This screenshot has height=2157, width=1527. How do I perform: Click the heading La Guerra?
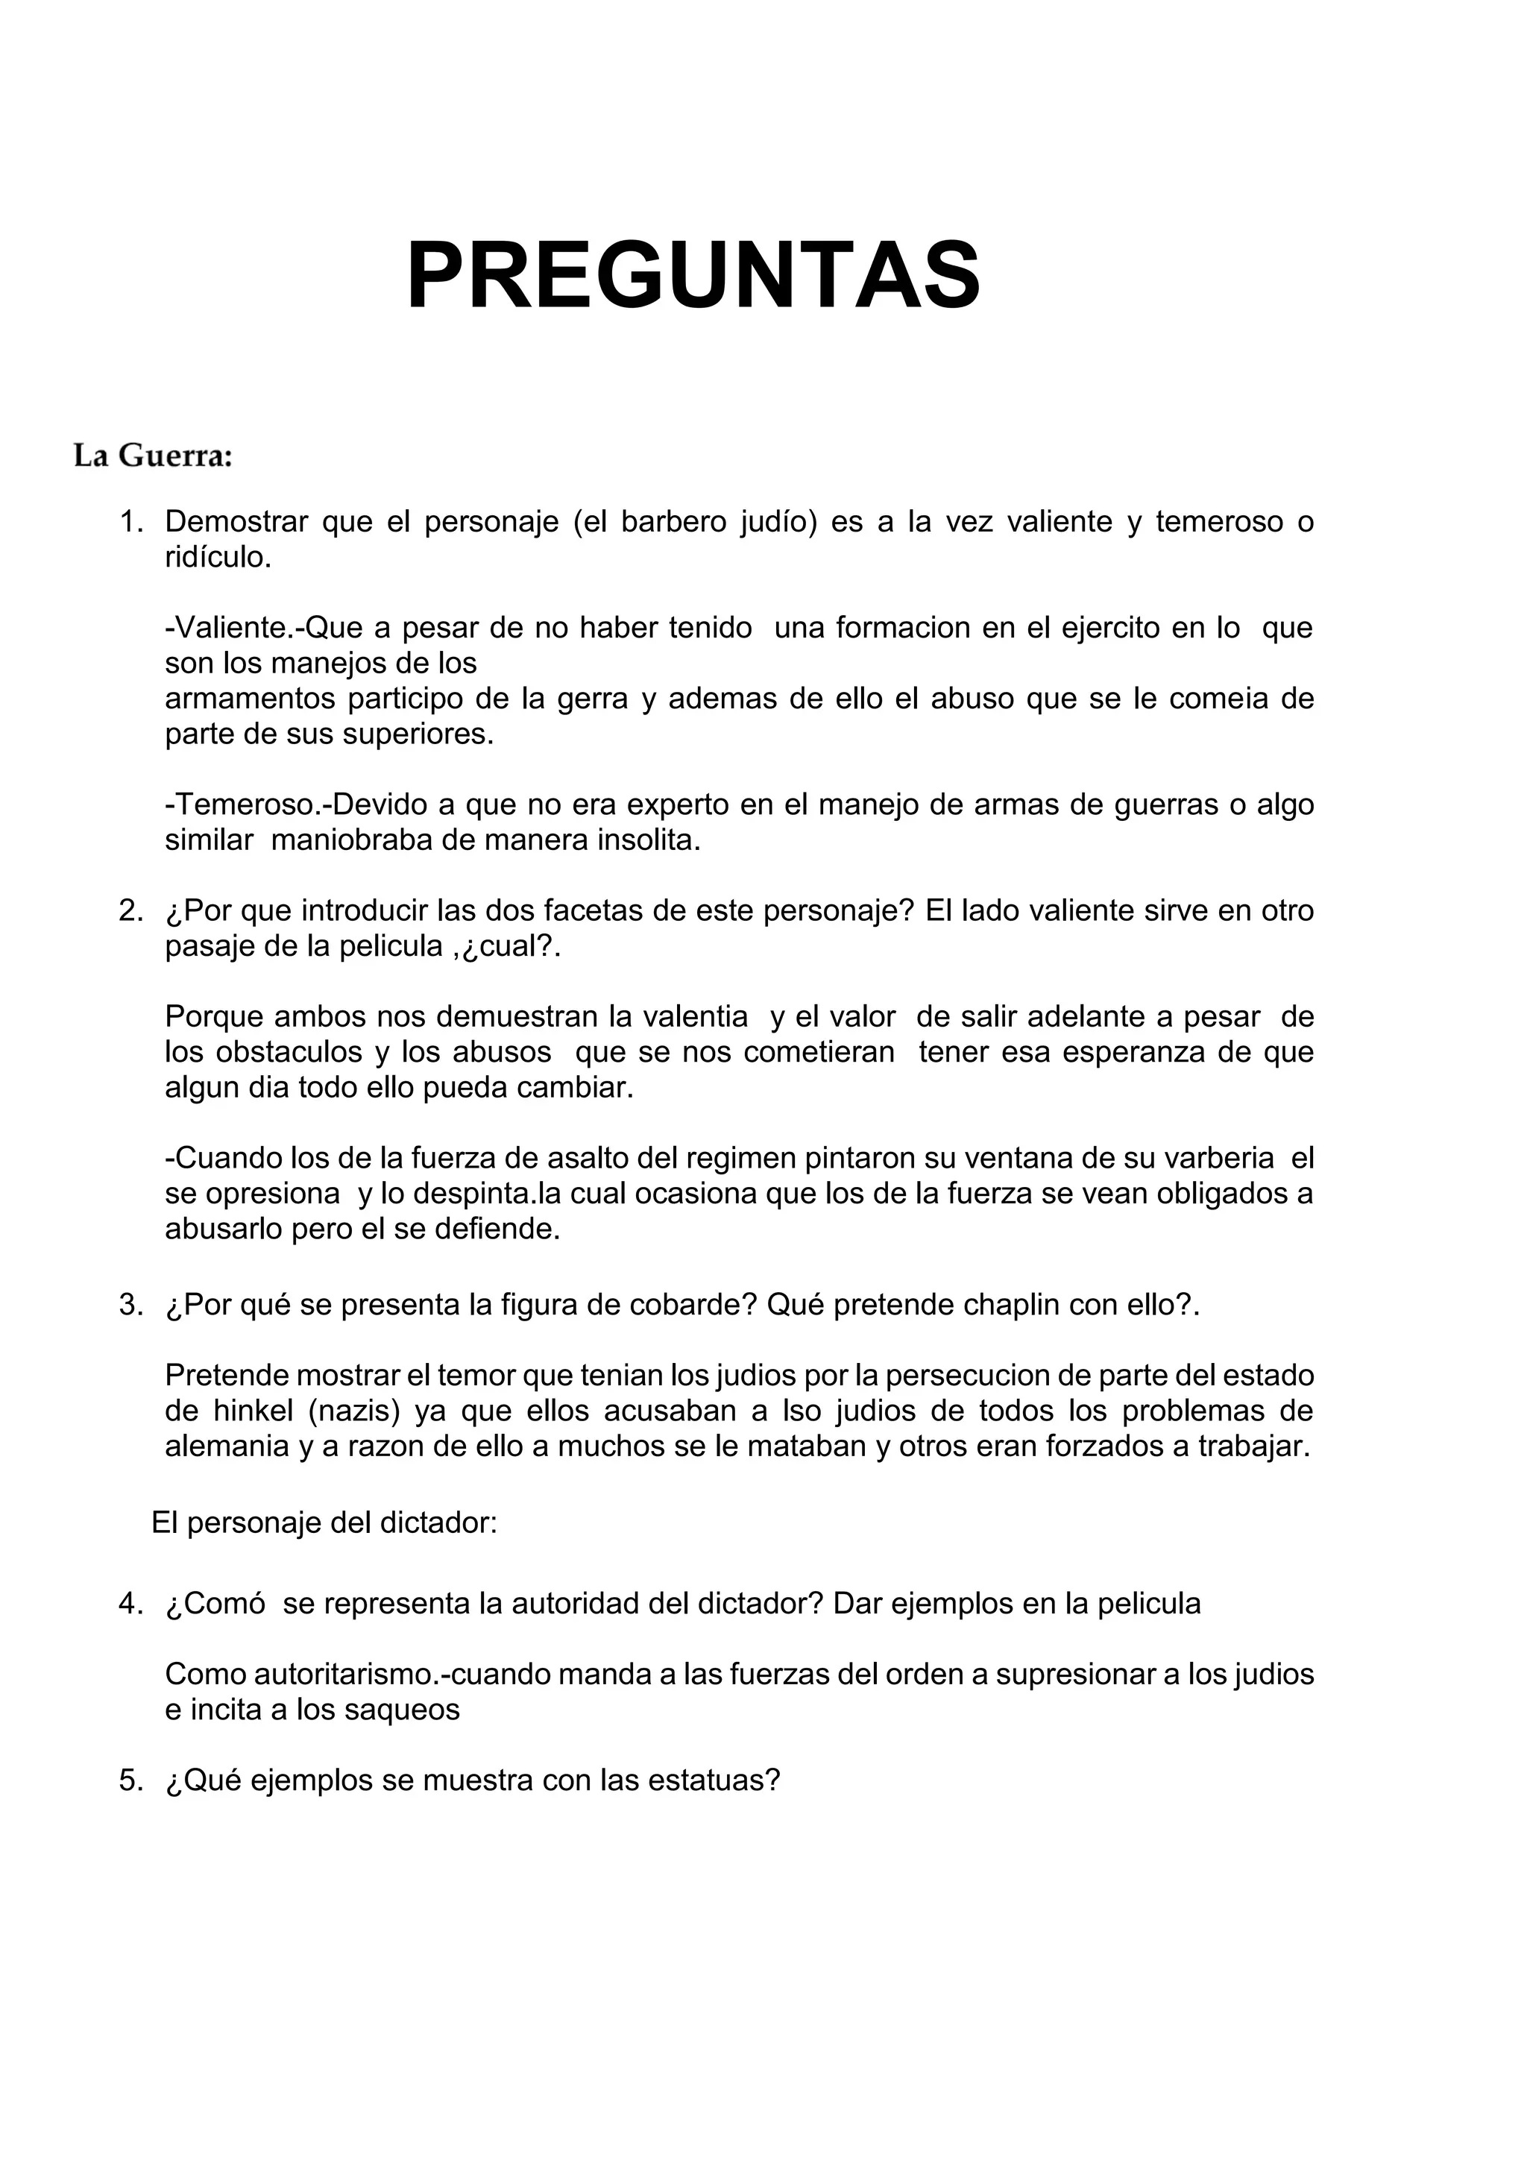[x=154, y=457]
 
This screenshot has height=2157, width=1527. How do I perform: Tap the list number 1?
[x=130, y=522]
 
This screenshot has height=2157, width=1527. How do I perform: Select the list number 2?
[x=130, y=910]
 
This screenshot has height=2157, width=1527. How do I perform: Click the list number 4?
[x=130, y=1603]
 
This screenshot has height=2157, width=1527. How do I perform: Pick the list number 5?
[x=130, y=1780]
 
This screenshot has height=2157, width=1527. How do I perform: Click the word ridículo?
[x=218, y=557]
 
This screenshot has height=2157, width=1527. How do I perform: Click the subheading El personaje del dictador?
[x=324, y=1523]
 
